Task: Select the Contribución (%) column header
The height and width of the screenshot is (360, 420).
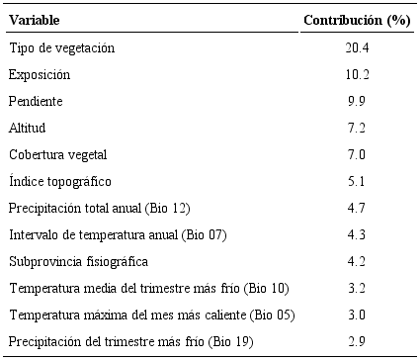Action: click(356, 20)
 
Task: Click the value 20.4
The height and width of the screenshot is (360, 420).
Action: click(356, 47)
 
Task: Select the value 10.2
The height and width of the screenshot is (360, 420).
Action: click(356, 74)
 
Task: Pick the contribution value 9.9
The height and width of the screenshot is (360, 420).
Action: click(356, 101)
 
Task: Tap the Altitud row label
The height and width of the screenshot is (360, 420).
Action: click(29, 128)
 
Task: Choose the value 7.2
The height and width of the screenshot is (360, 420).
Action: click(356, 128)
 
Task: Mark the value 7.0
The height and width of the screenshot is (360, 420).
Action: click(356, 154)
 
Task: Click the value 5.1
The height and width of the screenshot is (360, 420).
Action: click(356, 181)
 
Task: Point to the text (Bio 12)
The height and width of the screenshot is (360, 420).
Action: click(168, 208)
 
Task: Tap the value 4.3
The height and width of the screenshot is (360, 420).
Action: click(356, 234)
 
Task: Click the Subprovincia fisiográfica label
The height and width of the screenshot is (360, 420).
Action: click(78, 261)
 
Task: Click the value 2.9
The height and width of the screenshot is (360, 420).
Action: click(356, 341)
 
